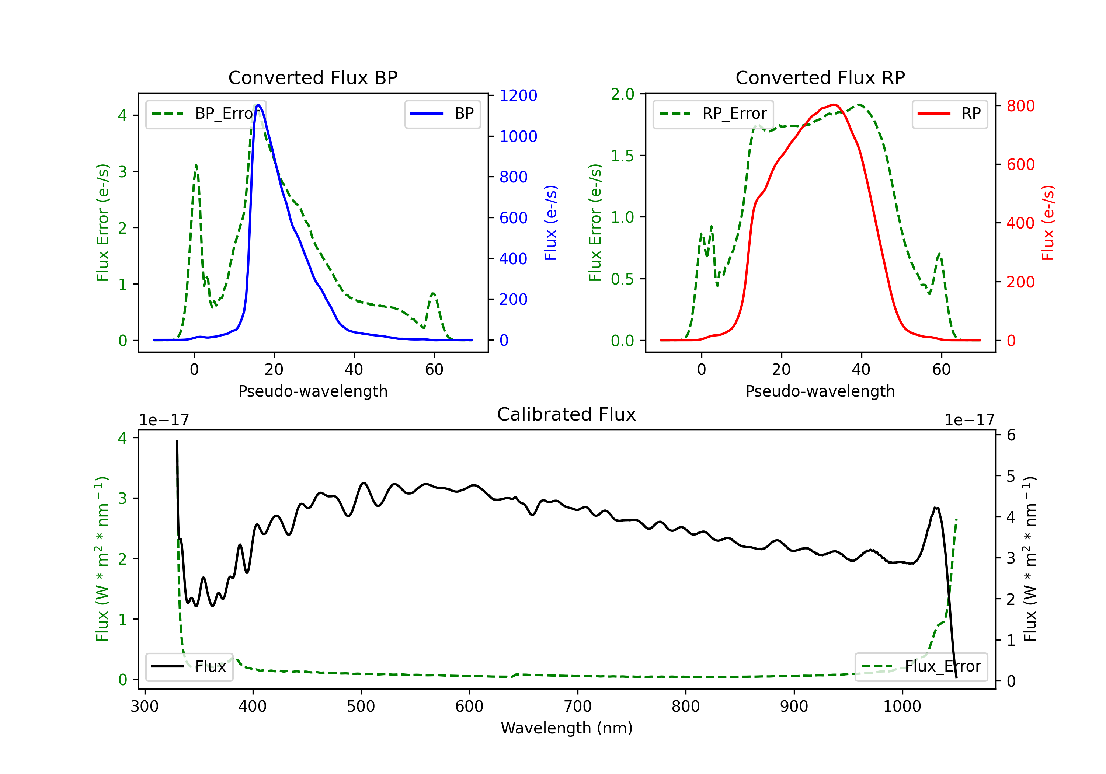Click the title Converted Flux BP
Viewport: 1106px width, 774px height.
(x=313, y=77)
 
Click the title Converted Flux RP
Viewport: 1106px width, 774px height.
(x=820, y=77)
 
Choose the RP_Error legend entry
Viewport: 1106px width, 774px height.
(x=713, y=114)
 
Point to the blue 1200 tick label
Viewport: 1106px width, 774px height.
(x=518, y=95)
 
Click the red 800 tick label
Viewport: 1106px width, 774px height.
(x=1020, y=106)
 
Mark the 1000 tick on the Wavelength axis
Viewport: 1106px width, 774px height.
(x=902, y=706)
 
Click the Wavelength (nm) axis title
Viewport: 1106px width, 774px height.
(x=567, y=728)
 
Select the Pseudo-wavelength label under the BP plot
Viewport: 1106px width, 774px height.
(x=313, y=391)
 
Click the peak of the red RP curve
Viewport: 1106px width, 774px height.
(x=834, y=105)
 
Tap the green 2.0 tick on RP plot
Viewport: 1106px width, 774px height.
(x=622, y=94)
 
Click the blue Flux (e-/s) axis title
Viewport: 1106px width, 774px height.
(x=550, y=223)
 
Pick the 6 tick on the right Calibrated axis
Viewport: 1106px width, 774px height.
(x=1011, y=435)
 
